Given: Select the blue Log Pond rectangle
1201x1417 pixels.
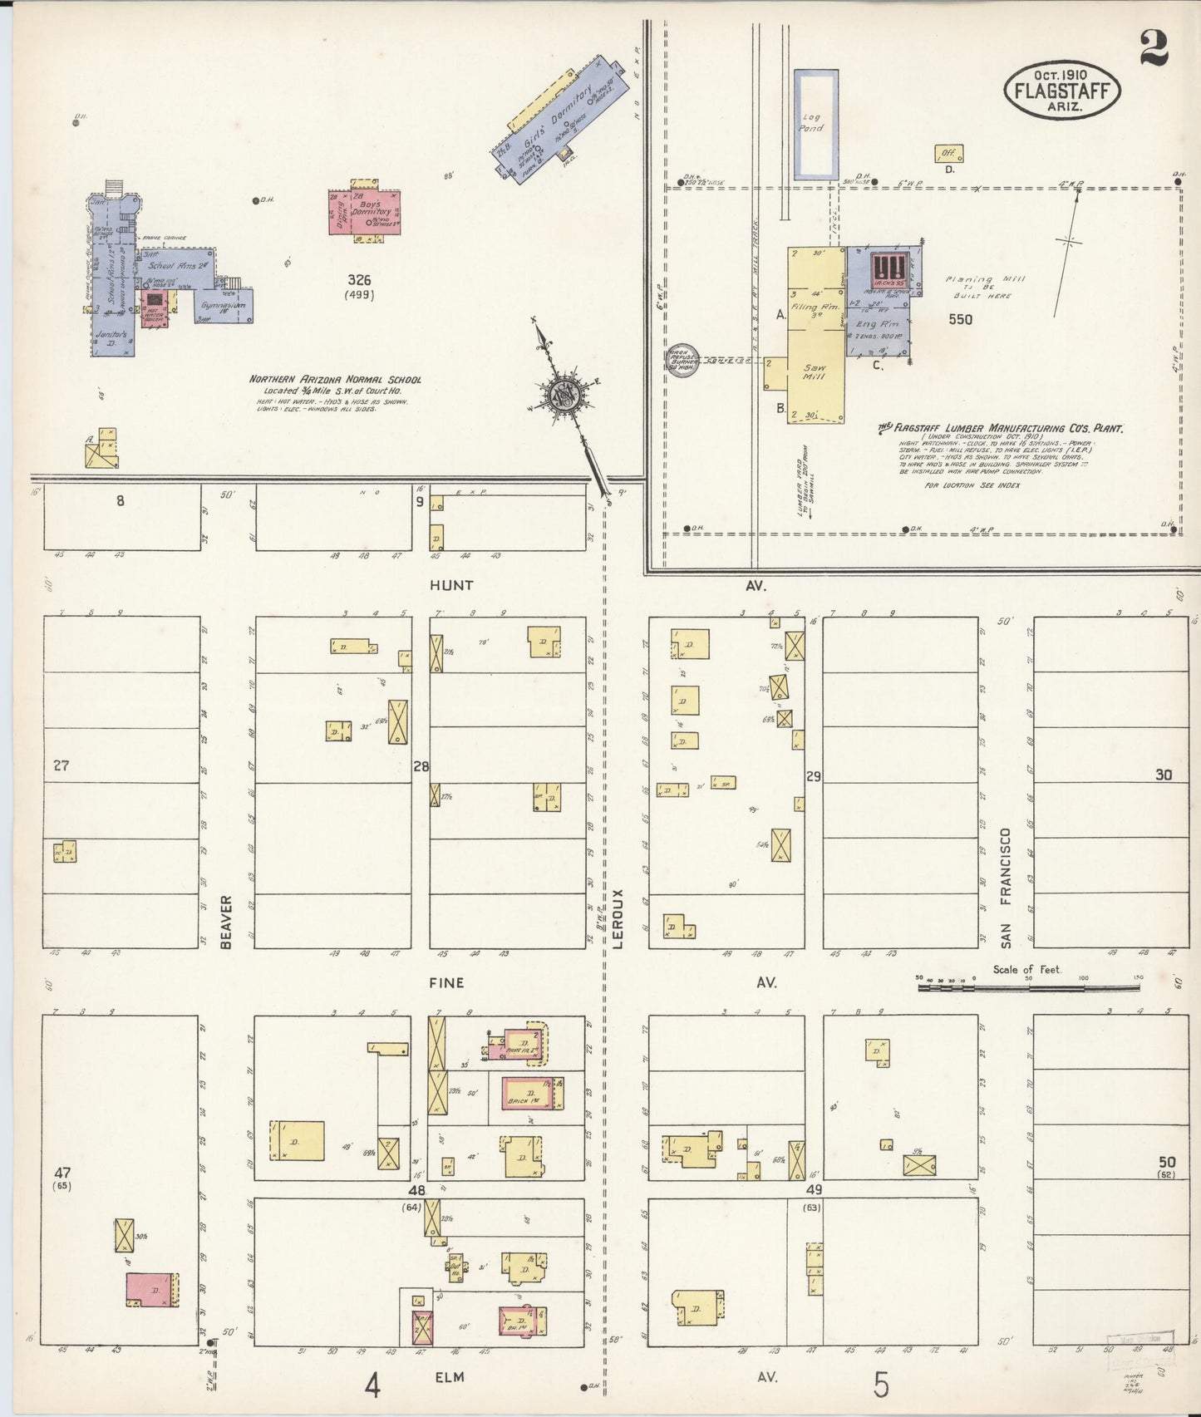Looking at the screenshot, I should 815,125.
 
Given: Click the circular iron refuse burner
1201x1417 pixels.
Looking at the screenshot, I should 684,361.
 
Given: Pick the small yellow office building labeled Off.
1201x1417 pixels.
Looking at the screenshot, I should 948,153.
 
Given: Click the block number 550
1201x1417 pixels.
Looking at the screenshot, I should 960,319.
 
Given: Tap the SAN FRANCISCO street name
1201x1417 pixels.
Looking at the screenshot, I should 1006,887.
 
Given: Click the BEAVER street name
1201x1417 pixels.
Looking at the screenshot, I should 226,922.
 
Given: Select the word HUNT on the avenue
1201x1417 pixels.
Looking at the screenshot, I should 451,585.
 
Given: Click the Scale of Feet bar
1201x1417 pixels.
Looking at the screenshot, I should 1028,987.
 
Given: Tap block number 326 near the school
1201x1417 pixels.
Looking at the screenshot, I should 360,280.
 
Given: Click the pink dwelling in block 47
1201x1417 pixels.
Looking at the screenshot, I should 151,1289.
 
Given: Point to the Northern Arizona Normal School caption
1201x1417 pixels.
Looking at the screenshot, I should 335,380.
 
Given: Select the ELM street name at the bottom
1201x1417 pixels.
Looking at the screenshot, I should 450,1377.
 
